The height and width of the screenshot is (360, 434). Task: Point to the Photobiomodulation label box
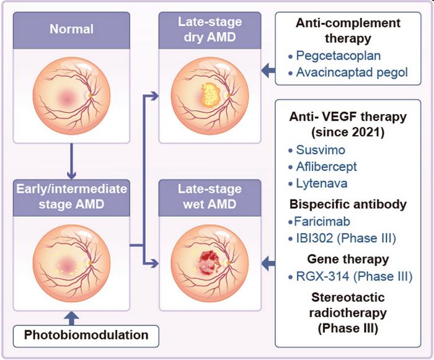86,335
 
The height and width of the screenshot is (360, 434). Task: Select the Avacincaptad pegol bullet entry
352,72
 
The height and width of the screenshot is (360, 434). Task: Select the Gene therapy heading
347,258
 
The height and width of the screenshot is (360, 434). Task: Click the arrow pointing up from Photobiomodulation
72,317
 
